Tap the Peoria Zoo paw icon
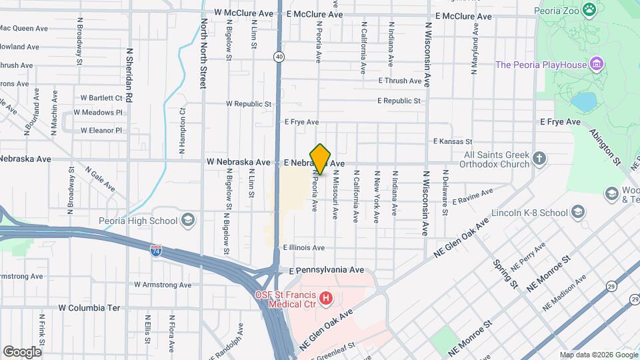pos(589,9)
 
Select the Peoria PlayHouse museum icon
pos(597,65)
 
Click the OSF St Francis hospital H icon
pos(326,297)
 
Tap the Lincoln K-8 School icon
pos(578,213)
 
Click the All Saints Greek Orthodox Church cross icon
pos(540,159)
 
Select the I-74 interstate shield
pos(155,251)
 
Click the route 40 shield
pos(279,57)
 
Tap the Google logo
pos(22,351)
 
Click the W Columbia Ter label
pos(89,308)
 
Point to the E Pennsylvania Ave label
pos(327,270)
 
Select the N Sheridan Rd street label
pos(129,75)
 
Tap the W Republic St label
pos(249,104)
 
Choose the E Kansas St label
pos(452,141)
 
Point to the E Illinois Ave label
pos(303,247)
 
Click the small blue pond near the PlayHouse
pos(583,101)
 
